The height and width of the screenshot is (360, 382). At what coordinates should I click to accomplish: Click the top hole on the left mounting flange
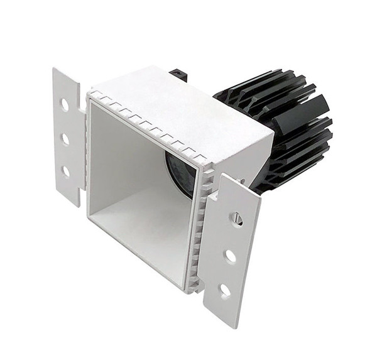click(x=65, y=105)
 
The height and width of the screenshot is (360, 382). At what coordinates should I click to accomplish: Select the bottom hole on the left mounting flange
click(x=65, y=170)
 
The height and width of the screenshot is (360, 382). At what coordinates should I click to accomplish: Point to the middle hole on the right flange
click(x=231, y=256)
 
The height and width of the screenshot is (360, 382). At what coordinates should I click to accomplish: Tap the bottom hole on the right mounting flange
click(x=224, y=291)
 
